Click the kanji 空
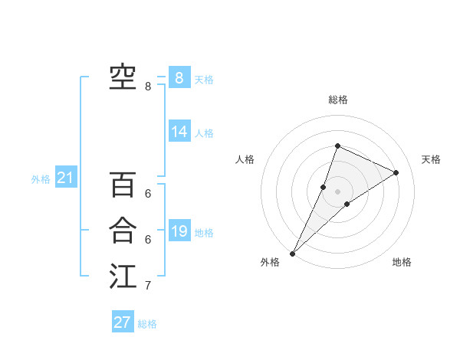[123, 77]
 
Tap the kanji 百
[123, 185]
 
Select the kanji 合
[123, 231]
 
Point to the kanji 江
[123, 277]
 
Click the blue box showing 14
[179, 132]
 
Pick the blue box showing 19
[179, 231]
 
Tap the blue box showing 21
[65, 178]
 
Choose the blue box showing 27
[123, 322]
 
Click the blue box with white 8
[179, 77]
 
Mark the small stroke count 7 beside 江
[148, 286]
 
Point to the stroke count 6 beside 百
[148, 194]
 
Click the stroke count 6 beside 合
[148, 240]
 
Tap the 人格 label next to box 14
[204, 133]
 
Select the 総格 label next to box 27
[147, 324]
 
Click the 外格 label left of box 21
[41, 179]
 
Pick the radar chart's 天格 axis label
[431, 159]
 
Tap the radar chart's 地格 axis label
[402, 262]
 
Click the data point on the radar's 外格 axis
[293, 253]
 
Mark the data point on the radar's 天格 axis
[396, 172]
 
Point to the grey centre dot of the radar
[337, 191]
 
